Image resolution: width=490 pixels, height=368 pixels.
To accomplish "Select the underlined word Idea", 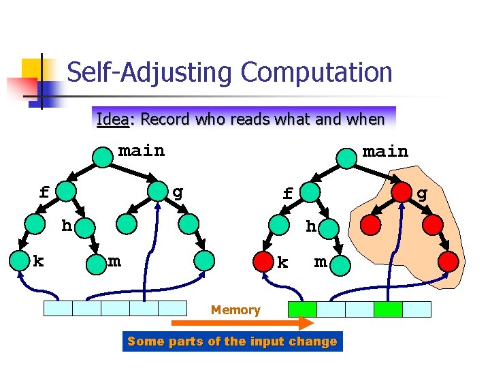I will [x=112, y=119].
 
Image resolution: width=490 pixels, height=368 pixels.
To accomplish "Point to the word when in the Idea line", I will [x=366, y=119].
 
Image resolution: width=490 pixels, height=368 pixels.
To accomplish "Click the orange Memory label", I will [x=235, y=310].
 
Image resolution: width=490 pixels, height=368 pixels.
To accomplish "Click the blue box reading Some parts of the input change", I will [x=232, y=341].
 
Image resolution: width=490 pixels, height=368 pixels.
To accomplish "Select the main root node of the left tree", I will [x=103, y=157].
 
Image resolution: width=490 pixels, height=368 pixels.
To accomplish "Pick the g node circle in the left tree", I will [x=159, y=191].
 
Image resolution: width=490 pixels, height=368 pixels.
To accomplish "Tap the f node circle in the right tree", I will [x=310, y=192].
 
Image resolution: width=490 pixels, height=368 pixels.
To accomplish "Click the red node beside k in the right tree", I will [x=262, y=260].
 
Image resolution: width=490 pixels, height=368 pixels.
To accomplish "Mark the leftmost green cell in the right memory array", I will [x=302, y=309].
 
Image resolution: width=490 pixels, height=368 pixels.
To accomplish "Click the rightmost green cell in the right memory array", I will [x=388, y=309].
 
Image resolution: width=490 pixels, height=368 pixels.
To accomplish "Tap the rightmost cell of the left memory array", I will [x=172, y=309].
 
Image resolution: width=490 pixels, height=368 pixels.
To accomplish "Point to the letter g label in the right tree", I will [x=422, y=194].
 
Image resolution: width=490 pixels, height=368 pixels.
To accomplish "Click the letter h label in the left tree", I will [x=67, y=224].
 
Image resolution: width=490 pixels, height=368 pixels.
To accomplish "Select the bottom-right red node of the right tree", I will [x=448, y=260].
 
